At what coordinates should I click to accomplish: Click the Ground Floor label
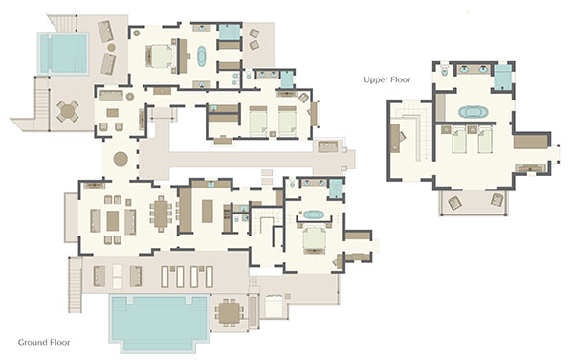44,343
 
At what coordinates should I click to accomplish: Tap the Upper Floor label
387,79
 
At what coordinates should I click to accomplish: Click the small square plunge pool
63,54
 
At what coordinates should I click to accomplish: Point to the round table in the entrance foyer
121,159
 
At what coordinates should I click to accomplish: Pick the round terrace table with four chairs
68,111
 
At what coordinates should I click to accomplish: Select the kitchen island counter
208,211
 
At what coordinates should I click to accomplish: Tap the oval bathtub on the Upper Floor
473,112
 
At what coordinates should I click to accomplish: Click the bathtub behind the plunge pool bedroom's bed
202,56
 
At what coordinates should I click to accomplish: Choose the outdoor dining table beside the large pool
230,312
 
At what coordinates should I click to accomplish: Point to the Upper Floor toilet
445,70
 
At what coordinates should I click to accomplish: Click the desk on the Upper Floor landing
394,138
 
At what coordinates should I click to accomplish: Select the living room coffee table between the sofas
113,221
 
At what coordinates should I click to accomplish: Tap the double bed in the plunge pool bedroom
161,56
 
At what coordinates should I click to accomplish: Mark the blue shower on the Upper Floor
502,77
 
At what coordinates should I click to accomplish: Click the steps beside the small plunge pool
42,103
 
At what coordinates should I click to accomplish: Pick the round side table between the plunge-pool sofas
111,48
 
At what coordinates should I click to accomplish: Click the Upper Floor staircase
417,131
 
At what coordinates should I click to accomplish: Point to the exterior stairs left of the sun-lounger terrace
76,284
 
